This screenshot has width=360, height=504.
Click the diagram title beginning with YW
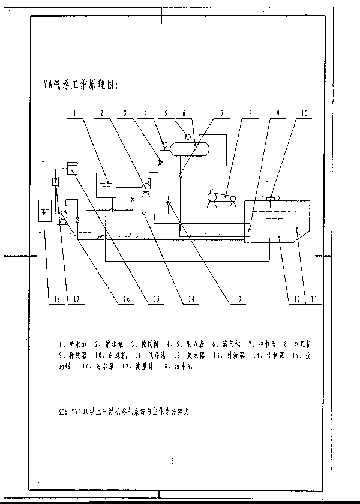tap(77, 85)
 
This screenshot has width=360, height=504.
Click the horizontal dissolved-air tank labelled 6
tap(189, 146)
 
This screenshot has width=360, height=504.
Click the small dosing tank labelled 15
tap(73, 169)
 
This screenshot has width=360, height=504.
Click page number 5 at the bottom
tap(172, 461)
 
